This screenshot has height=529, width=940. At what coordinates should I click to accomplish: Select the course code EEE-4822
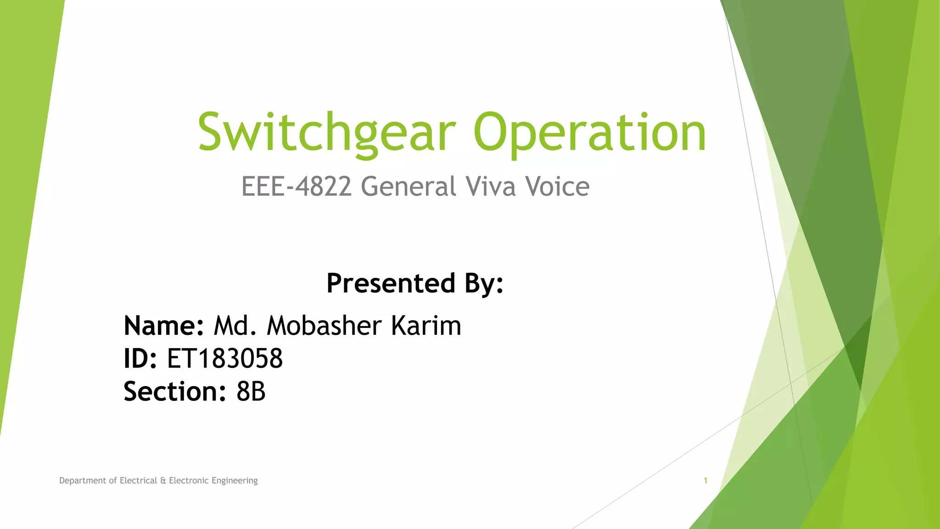click(297, 186)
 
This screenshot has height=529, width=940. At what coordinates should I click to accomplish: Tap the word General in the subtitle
click(408, 186)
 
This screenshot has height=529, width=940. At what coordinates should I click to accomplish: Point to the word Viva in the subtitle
click(490, 186)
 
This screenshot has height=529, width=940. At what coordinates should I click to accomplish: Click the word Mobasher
click(324, 326)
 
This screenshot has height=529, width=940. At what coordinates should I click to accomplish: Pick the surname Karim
click(426, 326)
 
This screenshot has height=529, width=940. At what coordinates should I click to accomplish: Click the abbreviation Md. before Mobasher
click(235, 326)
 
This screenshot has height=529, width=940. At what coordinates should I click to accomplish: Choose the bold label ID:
click(140, 359)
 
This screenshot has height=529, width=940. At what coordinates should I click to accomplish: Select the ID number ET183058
click(225, 359)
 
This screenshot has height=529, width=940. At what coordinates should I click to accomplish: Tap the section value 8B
click(251, 392)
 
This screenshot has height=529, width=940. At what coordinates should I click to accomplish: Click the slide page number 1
click(705, 481)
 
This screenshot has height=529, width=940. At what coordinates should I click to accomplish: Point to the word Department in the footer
click(83, 481)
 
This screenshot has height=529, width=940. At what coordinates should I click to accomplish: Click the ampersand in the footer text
click(163, 481)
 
